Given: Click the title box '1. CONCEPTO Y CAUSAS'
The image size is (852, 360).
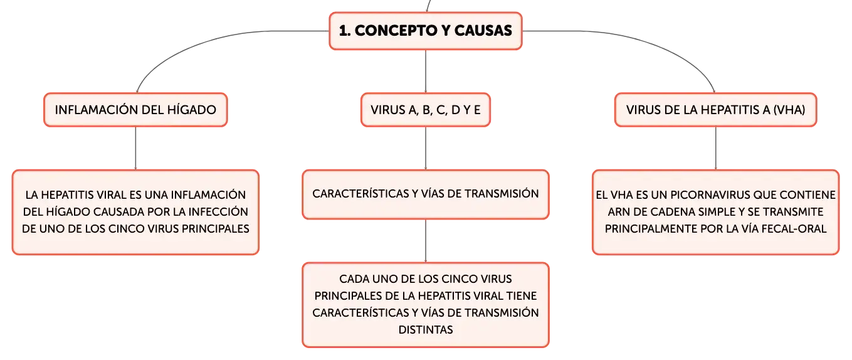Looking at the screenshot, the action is tap(426, 31).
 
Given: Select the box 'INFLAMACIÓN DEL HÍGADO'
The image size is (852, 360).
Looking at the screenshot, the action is tap(135, 110).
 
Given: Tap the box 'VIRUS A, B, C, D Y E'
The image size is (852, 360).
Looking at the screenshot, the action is tap(426, 110).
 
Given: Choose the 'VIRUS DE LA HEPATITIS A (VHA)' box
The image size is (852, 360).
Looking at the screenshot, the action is tap(715, 110).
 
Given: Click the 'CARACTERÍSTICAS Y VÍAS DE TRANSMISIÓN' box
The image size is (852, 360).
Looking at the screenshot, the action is tap(426, 194).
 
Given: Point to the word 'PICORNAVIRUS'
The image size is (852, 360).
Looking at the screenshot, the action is tap(710, 195).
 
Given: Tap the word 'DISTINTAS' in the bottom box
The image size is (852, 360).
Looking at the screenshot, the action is tap(426, 329).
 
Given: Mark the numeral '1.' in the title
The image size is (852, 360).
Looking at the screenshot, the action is tap(345, 31).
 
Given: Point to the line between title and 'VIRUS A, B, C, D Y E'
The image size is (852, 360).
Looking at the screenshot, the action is tap(426, 71).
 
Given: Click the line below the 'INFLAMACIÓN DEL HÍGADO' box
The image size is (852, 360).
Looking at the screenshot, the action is tap(135, 148).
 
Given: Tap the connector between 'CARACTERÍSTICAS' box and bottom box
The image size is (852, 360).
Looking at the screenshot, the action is tap(426, 241).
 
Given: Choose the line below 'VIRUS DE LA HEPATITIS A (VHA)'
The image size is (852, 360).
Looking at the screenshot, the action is tap(715, 148).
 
